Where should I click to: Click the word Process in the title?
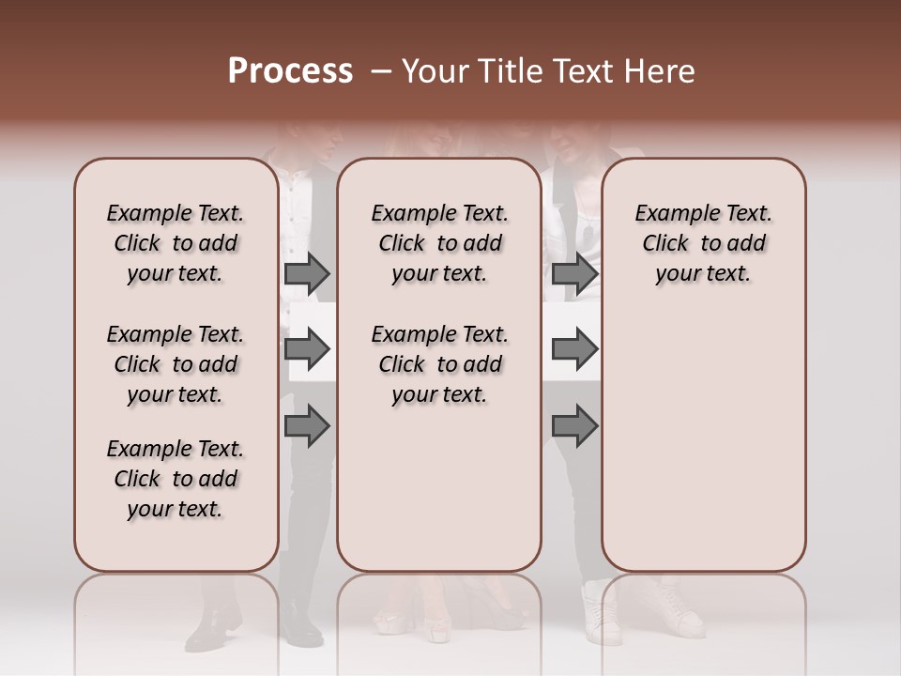290,71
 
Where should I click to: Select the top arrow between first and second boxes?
307,273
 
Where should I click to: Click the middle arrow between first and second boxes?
307,349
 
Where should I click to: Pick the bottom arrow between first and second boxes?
307,425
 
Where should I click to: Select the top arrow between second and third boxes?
574,273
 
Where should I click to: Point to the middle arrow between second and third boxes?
574,349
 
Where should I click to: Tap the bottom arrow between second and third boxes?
574,425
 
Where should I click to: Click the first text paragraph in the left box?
176,243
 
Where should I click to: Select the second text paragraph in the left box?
176,364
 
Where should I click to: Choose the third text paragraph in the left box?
176,479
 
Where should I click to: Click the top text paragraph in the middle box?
439,243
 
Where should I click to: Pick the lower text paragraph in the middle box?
439,364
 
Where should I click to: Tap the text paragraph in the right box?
703,243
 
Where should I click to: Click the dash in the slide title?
380,71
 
